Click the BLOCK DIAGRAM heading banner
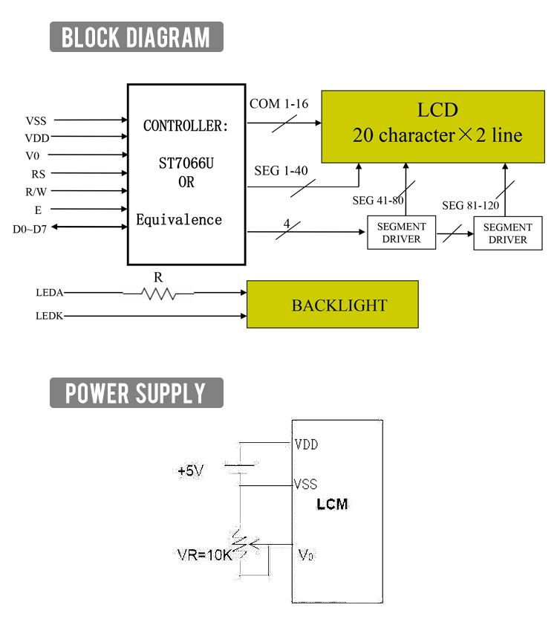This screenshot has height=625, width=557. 136,36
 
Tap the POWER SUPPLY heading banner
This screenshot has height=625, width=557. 136,392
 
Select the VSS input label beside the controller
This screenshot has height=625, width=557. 36,120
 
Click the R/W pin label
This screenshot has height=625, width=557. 36,192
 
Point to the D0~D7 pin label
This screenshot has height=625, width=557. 30,229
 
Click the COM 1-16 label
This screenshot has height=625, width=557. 278,104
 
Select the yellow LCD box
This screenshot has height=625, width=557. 431,125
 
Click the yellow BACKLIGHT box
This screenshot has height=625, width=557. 332,305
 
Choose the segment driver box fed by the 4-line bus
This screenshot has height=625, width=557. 401,233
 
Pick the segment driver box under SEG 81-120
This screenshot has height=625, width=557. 508,233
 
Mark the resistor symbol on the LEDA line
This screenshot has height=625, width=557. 158,294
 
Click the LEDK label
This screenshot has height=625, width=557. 50,317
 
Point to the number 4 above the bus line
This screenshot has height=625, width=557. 287,223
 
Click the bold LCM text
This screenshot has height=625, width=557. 332,505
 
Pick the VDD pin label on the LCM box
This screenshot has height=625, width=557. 306,445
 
